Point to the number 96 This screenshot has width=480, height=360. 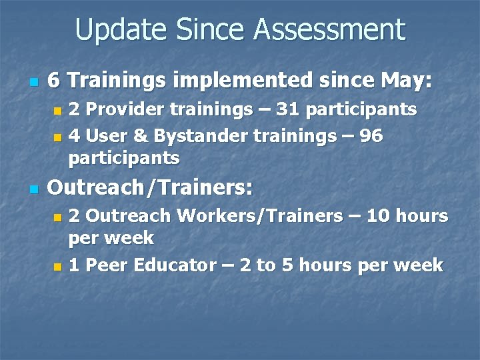pyautogui.click(x=371, y=136)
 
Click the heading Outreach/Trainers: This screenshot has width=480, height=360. pyautogui.click(x=150, y=189)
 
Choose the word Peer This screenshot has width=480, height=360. pyautogui.click(x=107, y=265)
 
